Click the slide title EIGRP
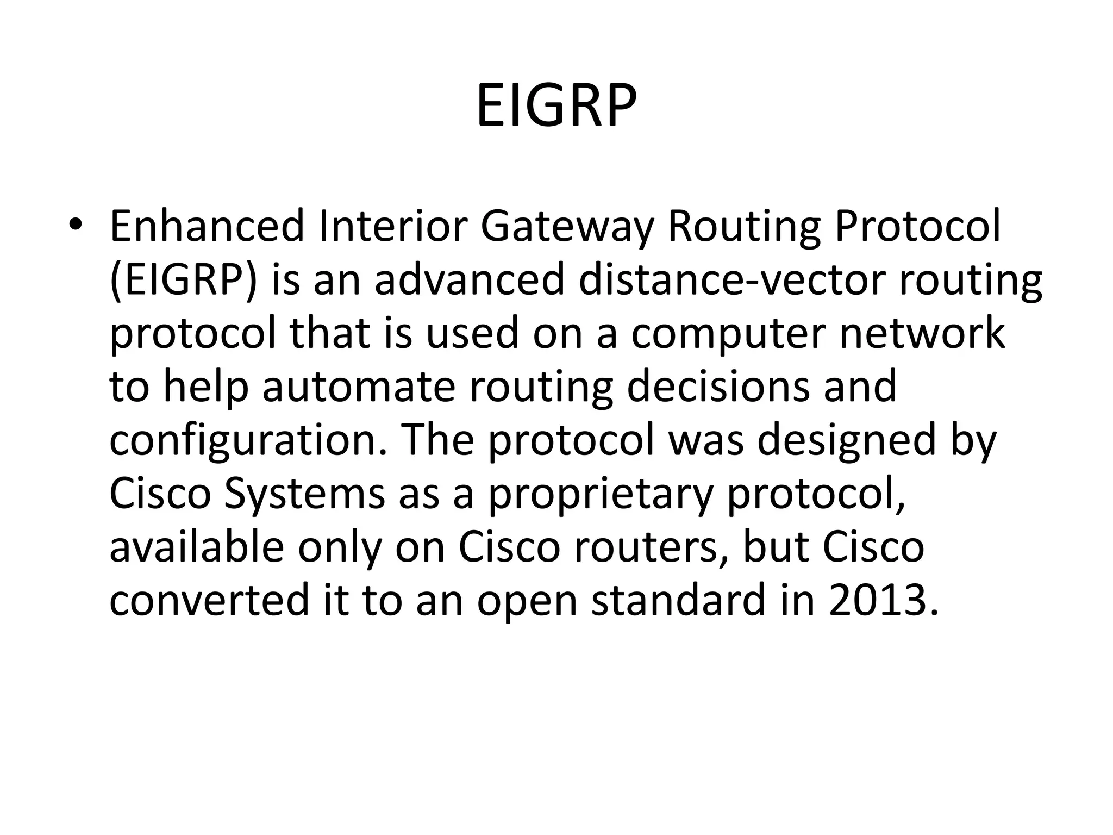(556, 105)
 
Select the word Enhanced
(207, 226)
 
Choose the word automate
(359, 386)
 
